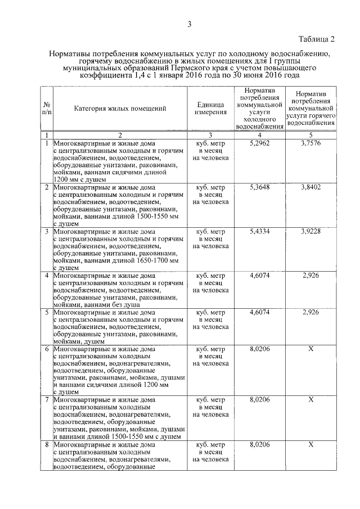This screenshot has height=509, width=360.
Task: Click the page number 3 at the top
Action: pos(190,24)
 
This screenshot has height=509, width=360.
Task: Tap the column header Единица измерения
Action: pos(211,109)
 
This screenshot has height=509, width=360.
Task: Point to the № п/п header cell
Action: pos(46,109)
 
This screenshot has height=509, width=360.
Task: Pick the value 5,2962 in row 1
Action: pos(259,143)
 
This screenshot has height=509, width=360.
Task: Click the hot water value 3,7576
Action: pos(310,143)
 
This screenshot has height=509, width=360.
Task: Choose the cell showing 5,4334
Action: pos(259,231)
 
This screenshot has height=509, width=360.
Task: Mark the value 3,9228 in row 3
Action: pos(310,231)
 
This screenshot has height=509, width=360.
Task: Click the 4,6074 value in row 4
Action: pos(259,276)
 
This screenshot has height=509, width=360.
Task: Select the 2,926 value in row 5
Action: pos(310,312)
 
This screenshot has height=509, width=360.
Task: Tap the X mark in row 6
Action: pos(310,349)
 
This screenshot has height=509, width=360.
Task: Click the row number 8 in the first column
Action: pos(46,444)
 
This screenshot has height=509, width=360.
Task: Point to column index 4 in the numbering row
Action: pos(259,135)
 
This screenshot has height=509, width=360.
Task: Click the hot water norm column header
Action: pos(310,109)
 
